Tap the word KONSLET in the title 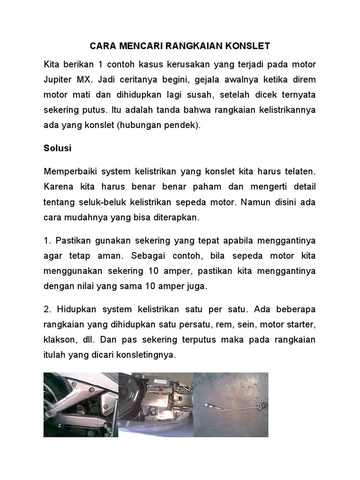247,46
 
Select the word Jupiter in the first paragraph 58,79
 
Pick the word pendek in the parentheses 181,126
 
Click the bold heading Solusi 57,148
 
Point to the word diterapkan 177,217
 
